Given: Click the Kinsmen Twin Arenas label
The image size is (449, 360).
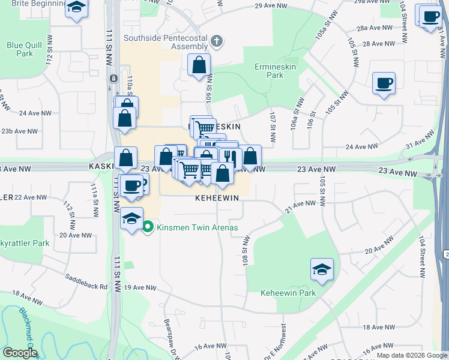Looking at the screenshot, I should pos(197,227).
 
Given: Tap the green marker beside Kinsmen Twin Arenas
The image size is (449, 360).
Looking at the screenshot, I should pos(148,227).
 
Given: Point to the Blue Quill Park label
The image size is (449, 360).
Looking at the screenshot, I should pos(20,49).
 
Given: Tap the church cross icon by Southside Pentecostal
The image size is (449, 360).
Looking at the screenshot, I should pos(217,41).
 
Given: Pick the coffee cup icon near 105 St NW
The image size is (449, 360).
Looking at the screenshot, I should pos(384,83).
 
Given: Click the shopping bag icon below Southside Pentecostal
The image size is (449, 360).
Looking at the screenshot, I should pos(199,65).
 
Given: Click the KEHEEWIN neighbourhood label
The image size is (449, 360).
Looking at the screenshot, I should pos(217,197).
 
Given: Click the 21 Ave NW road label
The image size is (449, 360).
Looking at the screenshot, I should pos(300,205).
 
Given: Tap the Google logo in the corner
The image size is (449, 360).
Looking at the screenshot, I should pos(20,352).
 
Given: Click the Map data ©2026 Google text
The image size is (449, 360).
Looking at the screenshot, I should pos(411,355).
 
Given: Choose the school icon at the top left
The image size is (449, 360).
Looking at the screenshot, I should pos(76,8).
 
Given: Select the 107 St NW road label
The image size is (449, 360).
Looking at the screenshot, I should pos(273,127).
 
